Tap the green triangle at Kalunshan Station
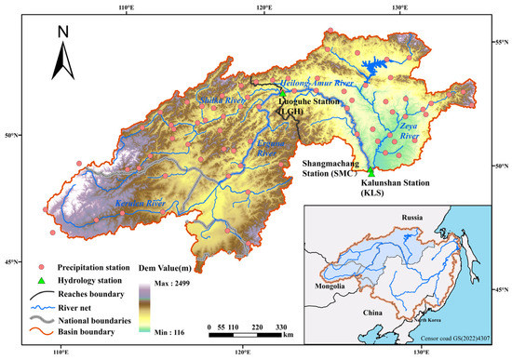tap(371, 172)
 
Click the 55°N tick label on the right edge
tap(499, 44)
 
